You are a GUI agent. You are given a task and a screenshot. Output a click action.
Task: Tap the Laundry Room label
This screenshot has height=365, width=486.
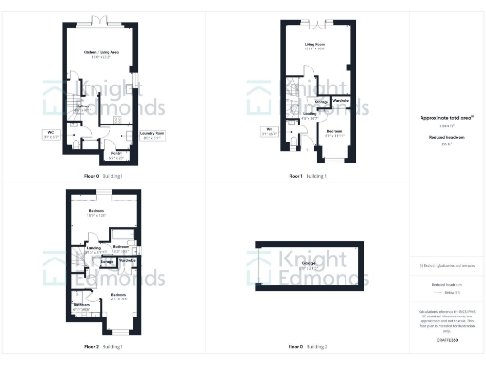[x=152, y=134]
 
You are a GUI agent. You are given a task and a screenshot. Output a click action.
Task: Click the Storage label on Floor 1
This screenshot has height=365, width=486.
[x=322, y=100]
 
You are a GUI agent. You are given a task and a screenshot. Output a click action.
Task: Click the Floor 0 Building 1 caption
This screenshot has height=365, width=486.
[x=104, y=177]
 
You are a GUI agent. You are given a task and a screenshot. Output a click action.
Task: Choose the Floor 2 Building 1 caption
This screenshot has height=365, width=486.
[x=104, y=347]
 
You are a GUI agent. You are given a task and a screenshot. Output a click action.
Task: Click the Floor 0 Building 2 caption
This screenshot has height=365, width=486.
[x=308, y=347]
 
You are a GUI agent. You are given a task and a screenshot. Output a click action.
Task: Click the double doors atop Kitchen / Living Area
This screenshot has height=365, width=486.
[x=99, y=20]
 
